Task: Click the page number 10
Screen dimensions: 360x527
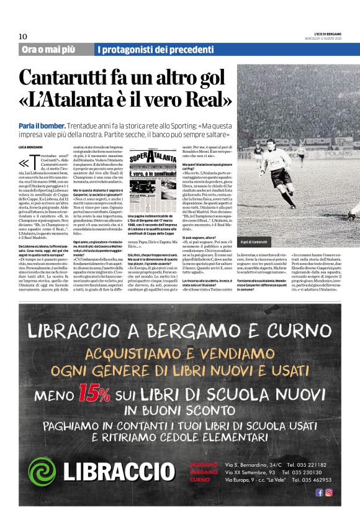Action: click(x=22, y=35)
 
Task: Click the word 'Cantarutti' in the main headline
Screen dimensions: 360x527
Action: click(x=81, y=78)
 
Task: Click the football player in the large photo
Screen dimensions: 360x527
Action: click(x=280, y=176)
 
